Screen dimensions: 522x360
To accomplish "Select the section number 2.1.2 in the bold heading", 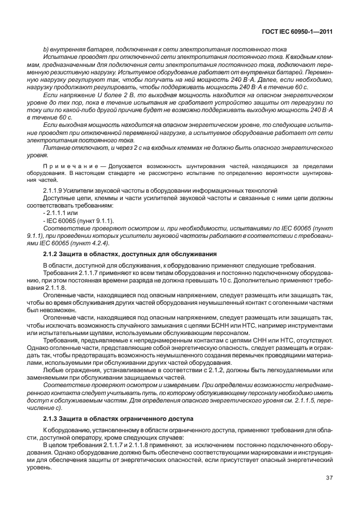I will [53, 253].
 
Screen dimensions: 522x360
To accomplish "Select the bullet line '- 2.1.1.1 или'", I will [61, 212].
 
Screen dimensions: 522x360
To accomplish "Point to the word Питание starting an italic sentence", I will [57, 147].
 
